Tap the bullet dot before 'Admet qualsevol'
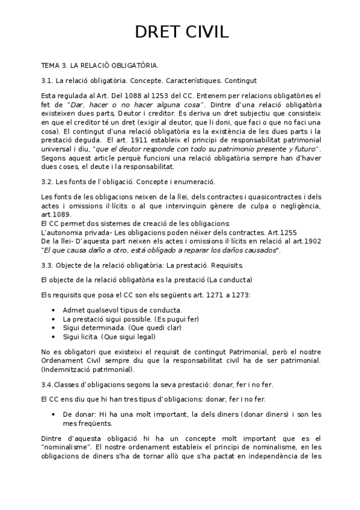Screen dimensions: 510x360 pyautogui.click(x=55, y=310)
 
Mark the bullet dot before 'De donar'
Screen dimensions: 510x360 pyautogui.click(x=55, y=414)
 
